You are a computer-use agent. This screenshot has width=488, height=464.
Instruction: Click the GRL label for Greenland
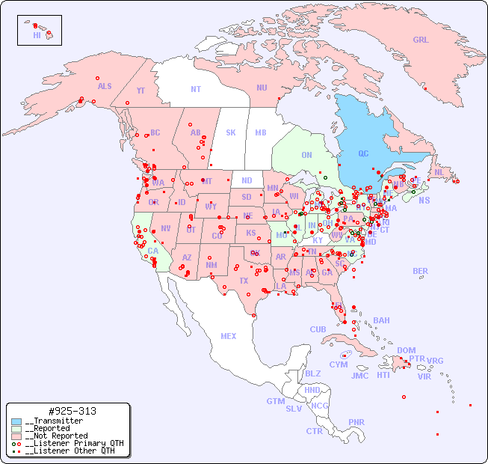[x=421, y=40]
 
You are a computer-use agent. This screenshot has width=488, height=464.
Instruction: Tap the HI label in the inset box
[x=37, y=35]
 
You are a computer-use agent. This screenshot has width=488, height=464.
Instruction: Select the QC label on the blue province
[x=363, y=154]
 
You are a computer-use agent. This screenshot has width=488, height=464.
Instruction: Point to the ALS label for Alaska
[x=105, y=87]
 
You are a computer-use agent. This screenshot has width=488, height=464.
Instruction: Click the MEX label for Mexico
[x=229, y=336]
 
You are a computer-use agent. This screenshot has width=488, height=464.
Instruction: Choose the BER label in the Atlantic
[x=420, y=271]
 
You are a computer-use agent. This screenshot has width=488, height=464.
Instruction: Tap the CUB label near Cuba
[x=318, y=329]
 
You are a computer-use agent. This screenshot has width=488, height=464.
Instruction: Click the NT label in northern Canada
[x=196, y=89]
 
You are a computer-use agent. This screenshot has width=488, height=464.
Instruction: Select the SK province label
[x=231, y=133]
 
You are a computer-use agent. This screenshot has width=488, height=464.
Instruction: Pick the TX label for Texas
[x=244, y=281]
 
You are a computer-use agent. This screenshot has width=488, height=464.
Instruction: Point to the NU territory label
[x=262, y=88]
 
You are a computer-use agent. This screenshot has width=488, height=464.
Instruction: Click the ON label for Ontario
[x=306, y=156]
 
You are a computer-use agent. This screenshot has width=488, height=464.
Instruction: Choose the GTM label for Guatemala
[x=275, y=401]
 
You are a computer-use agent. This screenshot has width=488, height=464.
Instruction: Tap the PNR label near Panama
[x=356, y=422]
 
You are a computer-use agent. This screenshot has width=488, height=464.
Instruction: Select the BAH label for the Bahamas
[x=381, y=320]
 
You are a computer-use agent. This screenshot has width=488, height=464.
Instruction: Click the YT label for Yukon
[x=140, y=91]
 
